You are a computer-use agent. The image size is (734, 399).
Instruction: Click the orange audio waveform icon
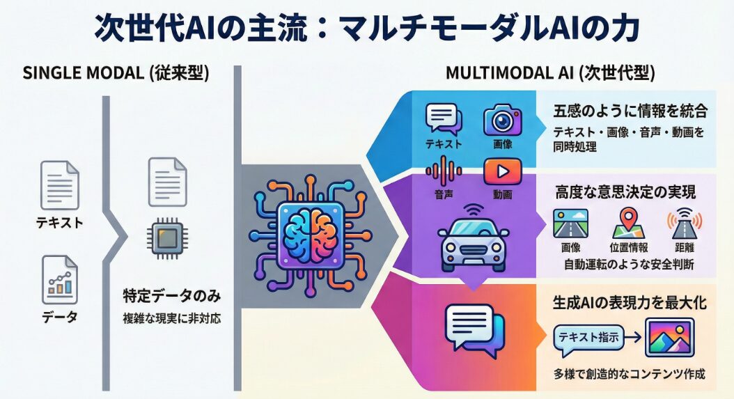tap(440, 171)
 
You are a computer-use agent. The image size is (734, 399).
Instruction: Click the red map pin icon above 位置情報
tap(626, 222)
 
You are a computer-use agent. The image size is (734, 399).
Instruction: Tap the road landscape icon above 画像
tap(570, 223)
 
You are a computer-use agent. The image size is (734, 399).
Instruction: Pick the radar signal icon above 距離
tap(685, 223)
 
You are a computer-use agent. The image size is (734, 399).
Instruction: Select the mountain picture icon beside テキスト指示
tap(670, 337)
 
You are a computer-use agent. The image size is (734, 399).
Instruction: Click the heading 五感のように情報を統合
tap(630, 111)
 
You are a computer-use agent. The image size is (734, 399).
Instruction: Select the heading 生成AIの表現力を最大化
tap(630, 304)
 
